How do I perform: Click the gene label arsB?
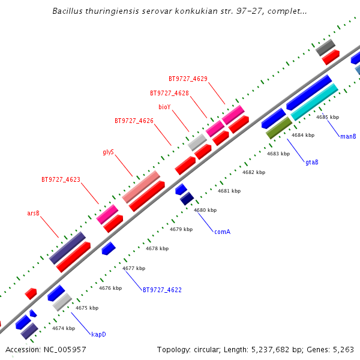[33, 213]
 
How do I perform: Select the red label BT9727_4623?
[61, 179]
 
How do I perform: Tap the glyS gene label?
[109, 152]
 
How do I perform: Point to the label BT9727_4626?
[134, 121]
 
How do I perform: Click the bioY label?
[164, 107]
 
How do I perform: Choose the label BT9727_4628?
[169, 93]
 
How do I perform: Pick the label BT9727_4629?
[188, 79]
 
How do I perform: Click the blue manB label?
[348, 136]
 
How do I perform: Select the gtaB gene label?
[311, 162]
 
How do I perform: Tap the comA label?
[222, 231]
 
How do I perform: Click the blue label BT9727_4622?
[162, 290]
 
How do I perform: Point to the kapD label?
[98, 334]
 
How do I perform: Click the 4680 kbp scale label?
[205, 210]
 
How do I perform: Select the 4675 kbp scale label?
[86, 308]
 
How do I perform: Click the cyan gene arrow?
[314, 102]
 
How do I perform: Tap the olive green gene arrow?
[279, 128]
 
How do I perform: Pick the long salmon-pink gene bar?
[142, 187]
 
